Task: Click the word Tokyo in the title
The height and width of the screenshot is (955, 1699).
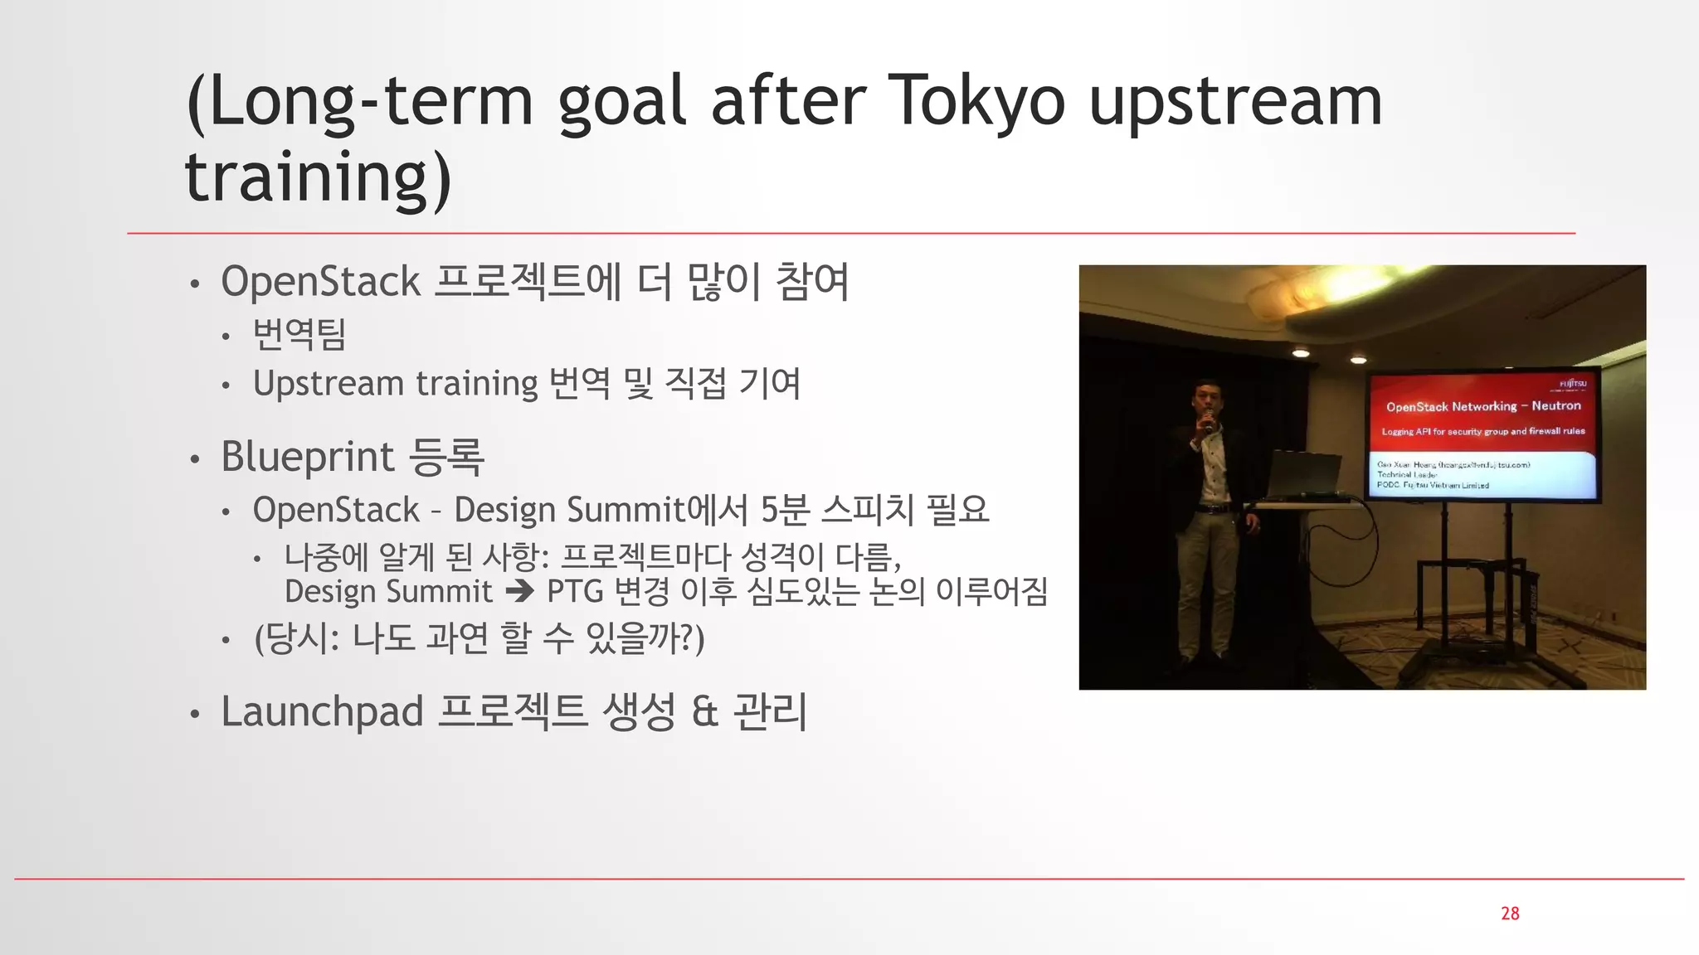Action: coord(976,101)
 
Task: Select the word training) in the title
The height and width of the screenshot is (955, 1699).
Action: coord(318,177)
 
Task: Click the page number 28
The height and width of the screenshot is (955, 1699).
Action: coord(1510,914)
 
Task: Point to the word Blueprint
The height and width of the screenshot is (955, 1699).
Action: coord(307,457)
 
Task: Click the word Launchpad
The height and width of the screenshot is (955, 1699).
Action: coord(322,712)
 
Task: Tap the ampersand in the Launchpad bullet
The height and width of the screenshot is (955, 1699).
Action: coord(704,712)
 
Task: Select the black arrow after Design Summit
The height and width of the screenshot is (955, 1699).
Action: coord(520,592)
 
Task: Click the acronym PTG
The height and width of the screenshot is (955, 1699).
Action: coord(575,592)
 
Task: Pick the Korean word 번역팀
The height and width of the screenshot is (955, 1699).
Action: coord(299,334)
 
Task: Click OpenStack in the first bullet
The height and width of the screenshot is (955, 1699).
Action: coord(320,282)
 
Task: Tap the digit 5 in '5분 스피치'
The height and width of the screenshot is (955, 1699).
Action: coord(769,510)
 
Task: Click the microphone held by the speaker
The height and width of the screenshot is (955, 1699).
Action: coord(1209,420)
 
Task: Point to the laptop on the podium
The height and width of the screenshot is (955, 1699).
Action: coord(1306,474)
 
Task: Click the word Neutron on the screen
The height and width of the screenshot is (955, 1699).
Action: coord(1556,405)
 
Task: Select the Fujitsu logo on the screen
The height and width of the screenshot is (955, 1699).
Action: coord(1573,384)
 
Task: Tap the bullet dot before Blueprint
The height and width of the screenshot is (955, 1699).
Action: coord(194,458)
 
